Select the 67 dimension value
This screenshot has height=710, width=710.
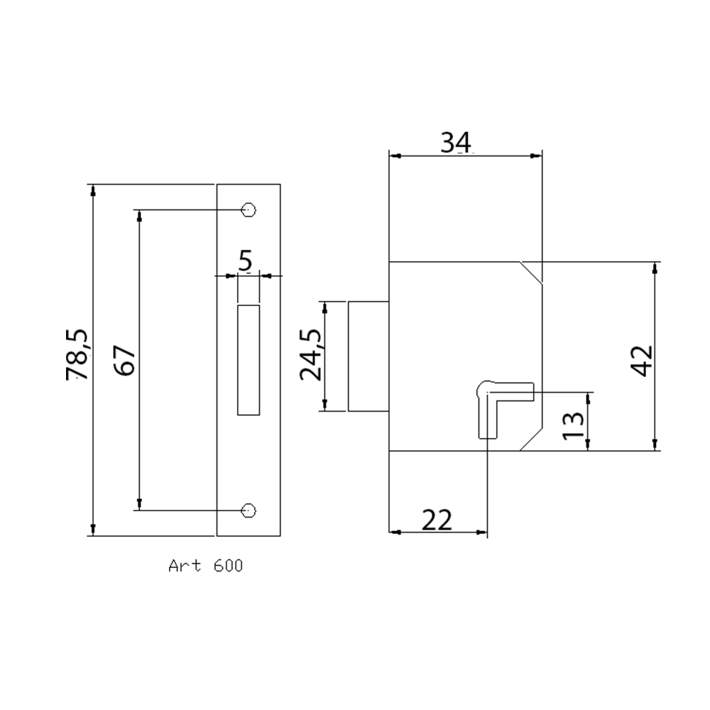point(124,360)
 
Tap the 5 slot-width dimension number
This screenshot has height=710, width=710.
point(245,261)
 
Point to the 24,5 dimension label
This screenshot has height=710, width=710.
point(311,354)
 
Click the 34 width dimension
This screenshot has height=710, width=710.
point(456,142)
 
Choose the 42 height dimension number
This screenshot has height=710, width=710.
point(642,361)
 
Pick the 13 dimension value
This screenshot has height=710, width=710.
point(573,425)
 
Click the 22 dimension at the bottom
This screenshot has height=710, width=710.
point(437,520)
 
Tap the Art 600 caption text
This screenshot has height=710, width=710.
point(206,566)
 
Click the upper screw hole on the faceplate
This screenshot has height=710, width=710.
point(248,210)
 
